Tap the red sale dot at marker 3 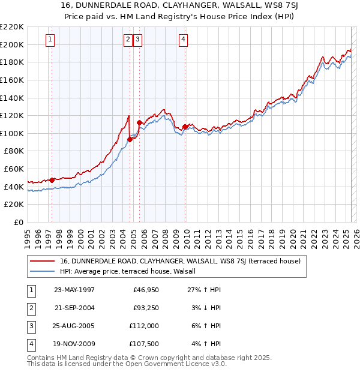(x=140, y=123)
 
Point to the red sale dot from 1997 (x=52, y=180)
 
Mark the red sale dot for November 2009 (x=185, y=127)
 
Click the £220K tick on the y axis (x=12, y=27)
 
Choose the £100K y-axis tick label (x=12, y=133)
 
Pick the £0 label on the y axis (x=18, y=222)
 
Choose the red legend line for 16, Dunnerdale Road (x=42, y=261)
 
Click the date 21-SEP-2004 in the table (x=74, y=308)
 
